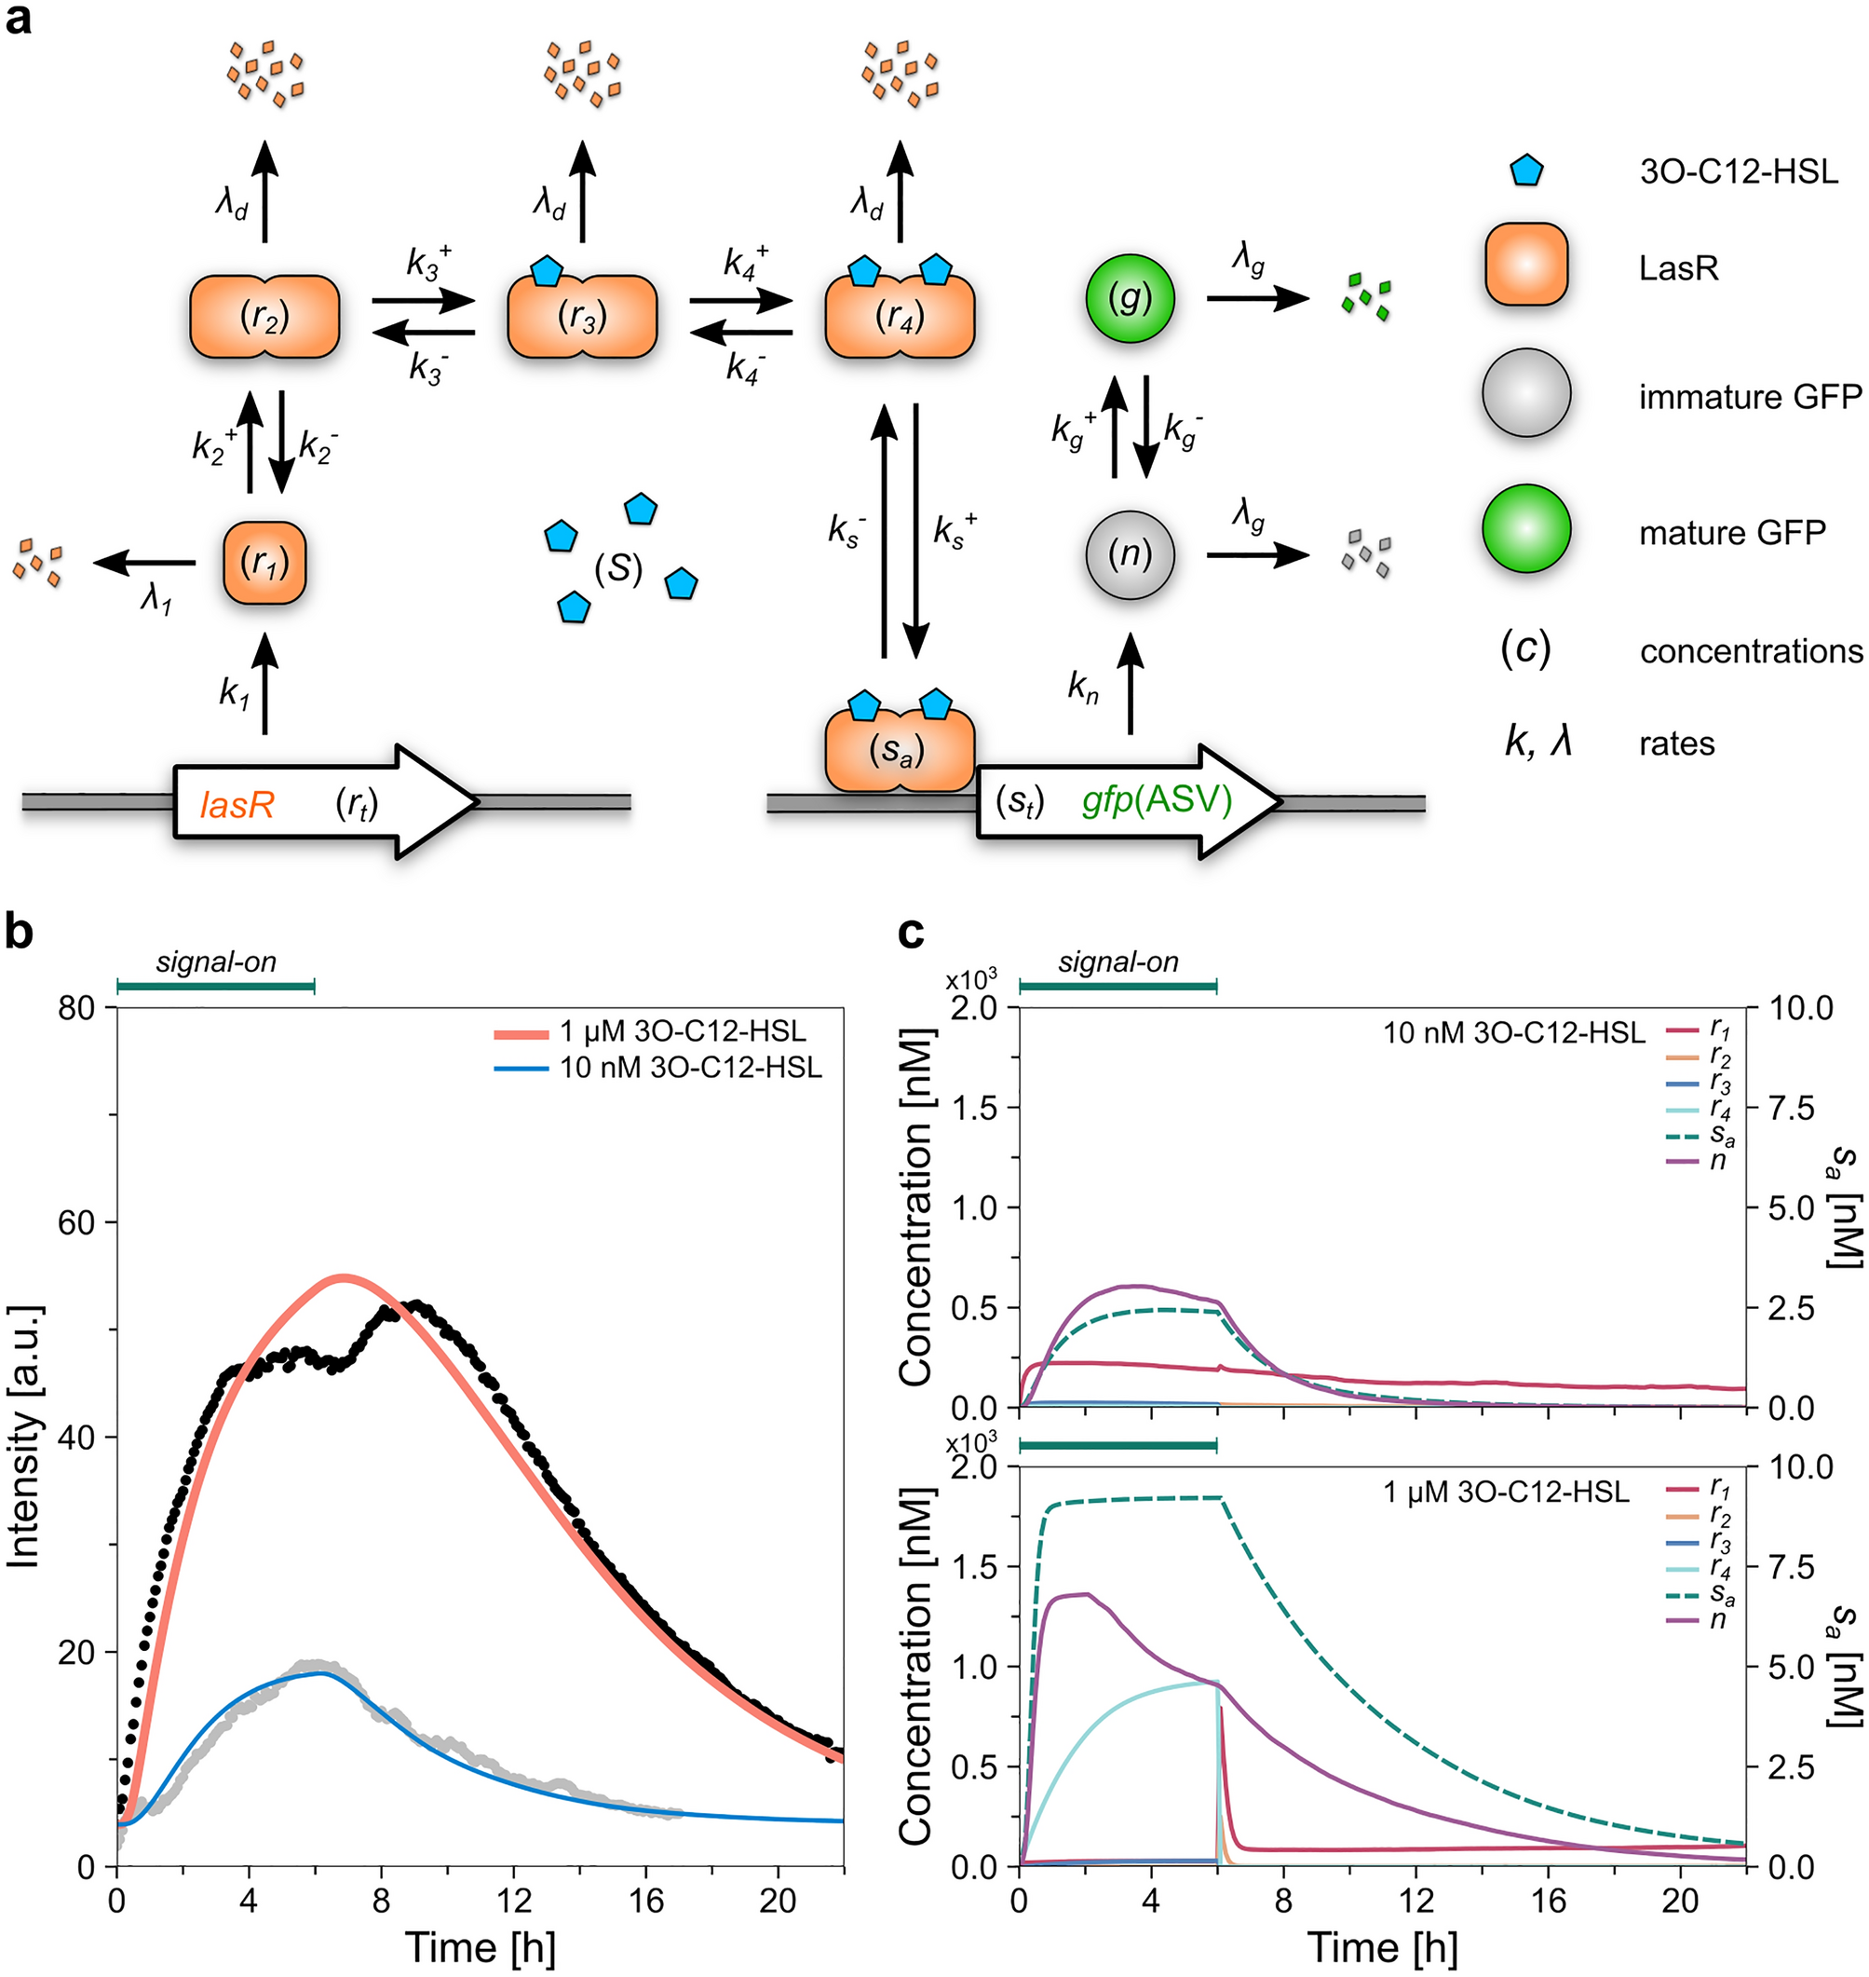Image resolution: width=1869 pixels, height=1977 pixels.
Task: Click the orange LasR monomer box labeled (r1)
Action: click(x=264, y=563)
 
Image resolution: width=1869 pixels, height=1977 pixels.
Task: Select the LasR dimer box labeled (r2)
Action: click(x=264, y=317)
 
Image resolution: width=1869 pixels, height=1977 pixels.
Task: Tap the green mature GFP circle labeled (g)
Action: click(x=1129, y=298)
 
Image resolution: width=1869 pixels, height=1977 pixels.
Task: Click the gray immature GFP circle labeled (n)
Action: click(x=1129, y=554)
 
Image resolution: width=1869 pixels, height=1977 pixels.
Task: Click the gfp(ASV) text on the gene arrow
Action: click(x=1157, y=800)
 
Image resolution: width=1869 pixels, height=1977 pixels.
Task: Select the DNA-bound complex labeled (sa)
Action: click(x=899, y=751)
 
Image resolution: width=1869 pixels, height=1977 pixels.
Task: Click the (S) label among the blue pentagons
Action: click(x=617, y=568)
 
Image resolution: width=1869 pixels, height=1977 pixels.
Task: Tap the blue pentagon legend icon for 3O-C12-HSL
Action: click(x=1525, y=170)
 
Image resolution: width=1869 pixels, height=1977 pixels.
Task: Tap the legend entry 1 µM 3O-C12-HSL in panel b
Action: click(x=682, y=1030)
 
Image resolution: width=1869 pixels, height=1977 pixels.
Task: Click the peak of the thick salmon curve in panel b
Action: click(x=343, y=1277)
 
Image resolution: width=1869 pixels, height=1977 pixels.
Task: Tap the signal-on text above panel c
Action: click(x=1117, y=961)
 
